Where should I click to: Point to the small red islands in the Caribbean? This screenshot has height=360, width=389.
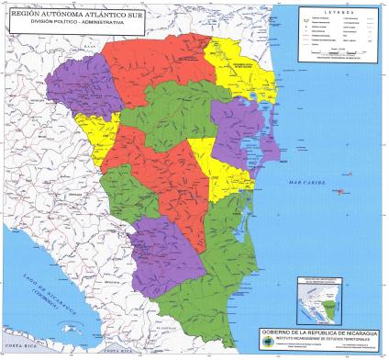tap(340, 192)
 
